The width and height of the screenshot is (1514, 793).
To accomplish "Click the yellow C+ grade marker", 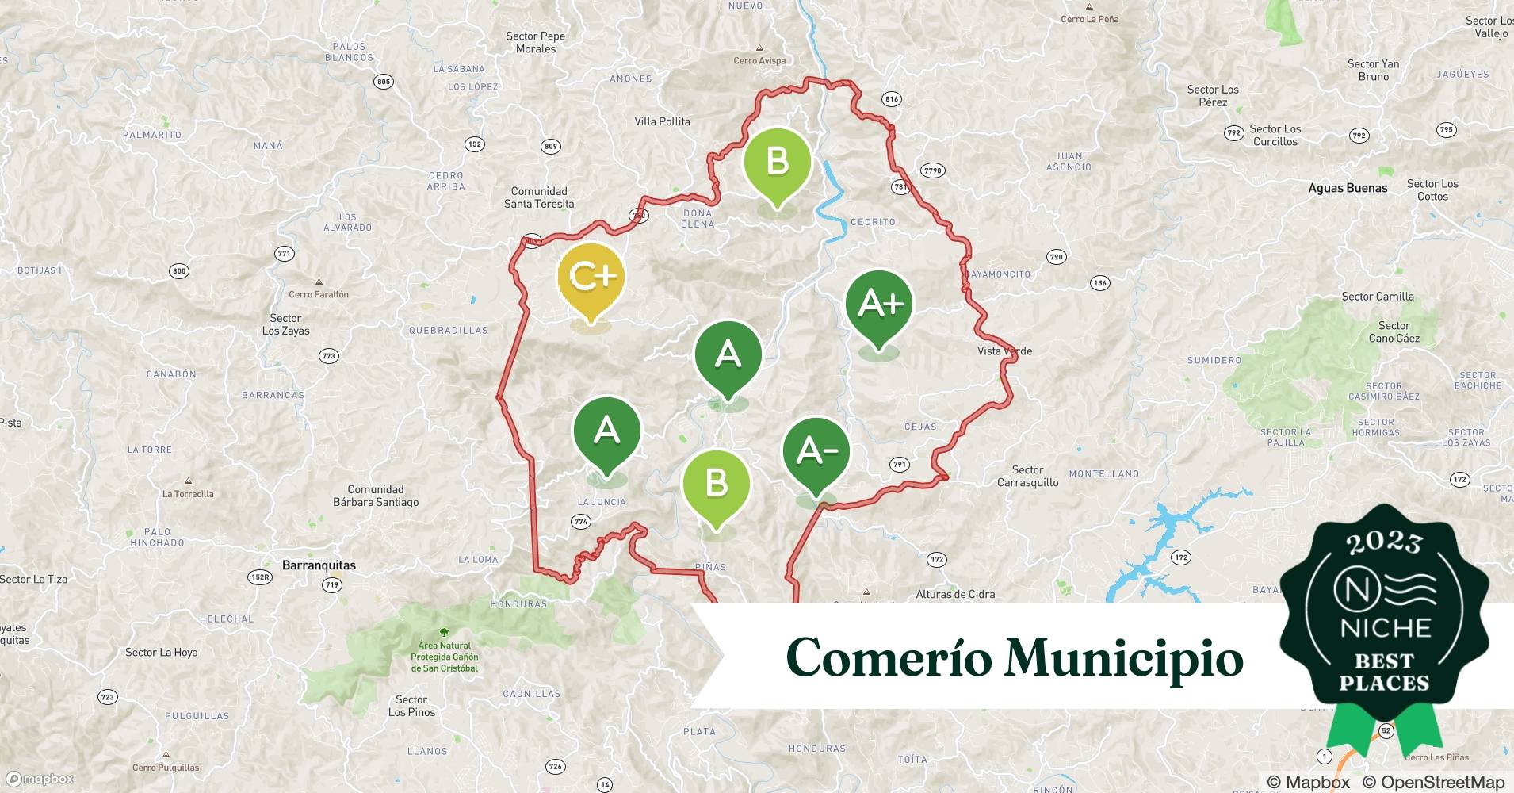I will pos(591,277).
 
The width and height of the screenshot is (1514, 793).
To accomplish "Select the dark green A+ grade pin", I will pos(879,304).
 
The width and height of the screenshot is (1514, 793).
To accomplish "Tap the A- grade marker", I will pos(816,451).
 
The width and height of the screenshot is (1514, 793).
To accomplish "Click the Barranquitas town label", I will pos(319,565).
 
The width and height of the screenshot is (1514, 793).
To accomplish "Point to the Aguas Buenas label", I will pos(1348,188).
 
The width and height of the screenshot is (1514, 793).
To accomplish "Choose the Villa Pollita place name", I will pos(662,121).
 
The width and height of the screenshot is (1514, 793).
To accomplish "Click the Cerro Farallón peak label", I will pos(319,294).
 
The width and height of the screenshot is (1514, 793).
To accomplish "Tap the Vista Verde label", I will pos(1004,351).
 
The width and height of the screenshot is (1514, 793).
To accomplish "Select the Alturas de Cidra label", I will pos(955,594).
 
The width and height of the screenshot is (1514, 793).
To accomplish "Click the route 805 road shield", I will pos(384,82).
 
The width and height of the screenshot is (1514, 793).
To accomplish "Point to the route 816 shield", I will pos(892,99).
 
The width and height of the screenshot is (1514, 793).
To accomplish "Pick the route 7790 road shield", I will pos(933,170).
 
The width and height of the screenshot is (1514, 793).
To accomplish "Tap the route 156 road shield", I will pos(1099,283).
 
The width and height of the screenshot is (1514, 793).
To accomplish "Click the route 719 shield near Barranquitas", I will pos(332,585).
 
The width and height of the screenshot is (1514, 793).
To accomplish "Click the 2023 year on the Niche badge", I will pos(1384,542).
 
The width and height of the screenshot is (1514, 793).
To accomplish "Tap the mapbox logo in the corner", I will pos(40,779).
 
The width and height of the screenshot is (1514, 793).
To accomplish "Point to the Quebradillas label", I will pos(448,331).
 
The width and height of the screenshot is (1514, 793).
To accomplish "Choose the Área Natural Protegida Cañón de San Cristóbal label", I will pos(444,657).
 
